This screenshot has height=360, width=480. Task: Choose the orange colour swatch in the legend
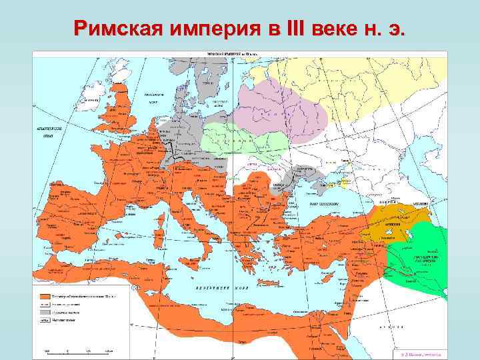(45, 295)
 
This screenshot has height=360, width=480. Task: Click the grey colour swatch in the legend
(45, 311)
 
